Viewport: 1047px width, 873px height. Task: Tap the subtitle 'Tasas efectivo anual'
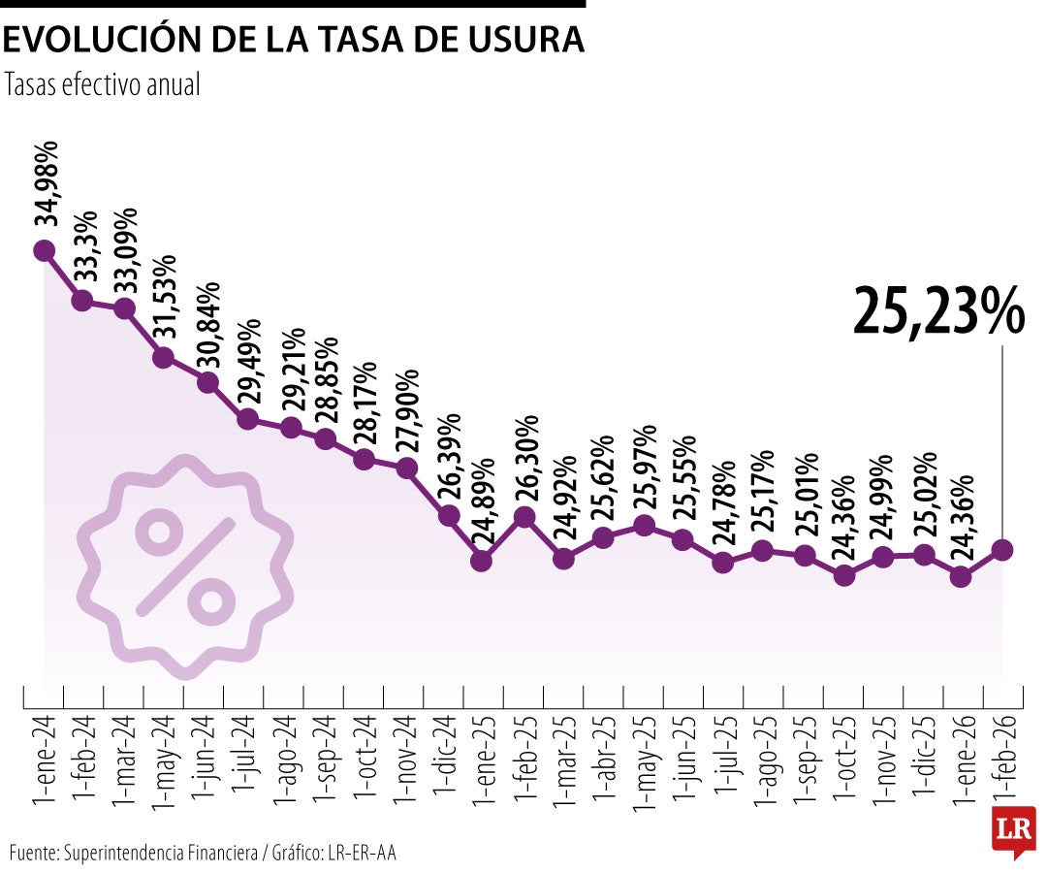[x=102, y=85]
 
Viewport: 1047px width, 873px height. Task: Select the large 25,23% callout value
[x=937, y=311]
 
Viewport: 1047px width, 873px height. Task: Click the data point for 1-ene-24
[x=44, y=251]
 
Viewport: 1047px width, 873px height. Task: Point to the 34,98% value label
[x=47, y=184]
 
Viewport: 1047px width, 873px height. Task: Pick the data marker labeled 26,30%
[x=524, y=517]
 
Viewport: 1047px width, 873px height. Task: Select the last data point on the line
[x=1002, y=550]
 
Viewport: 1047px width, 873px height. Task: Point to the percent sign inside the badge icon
[x=185, y=566]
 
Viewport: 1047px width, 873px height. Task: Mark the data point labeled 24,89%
[x=482, y=560]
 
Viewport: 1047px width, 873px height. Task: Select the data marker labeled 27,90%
[x=407, y=469]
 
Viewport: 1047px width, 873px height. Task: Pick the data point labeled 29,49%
[x=247, y=419]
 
